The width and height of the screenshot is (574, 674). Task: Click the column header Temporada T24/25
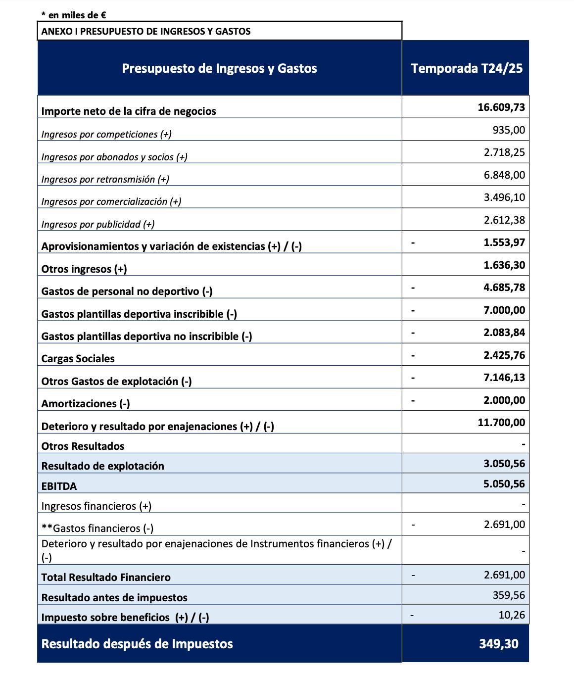tap(466, 68)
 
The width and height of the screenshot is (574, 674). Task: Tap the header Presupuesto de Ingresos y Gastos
tap(219, 68)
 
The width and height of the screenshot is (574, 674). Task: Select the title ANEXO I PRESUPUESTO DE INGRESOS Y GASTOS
tap(146, 31)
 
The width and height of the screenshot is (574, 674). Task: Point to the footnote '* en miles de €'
tap(74, 15)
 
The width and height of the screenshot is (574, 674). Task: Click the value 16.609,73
tap(501, 107)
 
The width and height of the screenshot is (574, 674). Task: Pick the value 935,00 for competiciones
tap(509, 130)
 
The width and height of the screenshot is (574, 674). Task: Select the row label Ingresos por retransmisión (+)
tap(105, 179)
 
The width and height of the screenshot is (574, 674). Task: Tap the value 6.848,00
tap(504, 175)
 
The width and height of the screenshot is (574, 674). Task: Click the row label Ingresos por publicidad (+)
tap(98, 224)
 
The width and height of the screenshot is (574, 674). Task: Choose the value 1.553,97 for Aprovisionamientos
tap(504, 242)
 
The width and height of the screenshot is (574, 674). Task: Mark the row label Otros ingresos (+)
tap(84, 269)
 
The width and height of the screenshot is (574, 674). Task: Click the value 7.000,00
tap(504, 310)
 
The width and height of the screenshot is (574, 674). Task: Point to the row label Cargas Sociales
tap(78, 359)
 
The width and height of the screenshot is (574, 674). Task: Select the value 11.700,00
tap(501, 423)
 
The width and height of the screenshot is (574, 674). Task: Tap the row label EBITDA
tap(59, 486)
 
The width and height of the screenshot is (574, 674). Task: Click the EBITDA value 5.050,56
tap(504, 484)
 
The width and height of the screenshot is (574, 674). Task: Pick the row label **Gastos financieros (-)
tap(97, 529)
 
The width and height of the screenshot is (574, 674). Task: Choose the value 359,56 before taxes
tap(509, 595)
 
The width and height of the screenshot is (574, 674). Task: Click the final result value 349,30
tap(498, 644)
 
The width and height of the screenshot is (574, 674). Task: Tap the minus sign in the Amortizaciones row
tap(413, 400)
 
